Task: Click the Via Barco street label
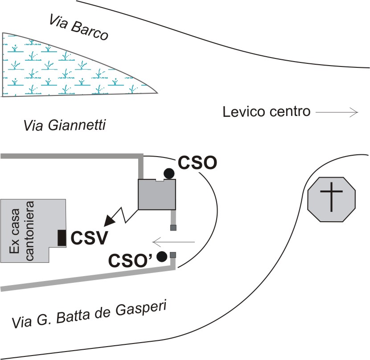[x=78, y=27]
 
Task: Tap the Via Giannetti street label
[x=65, y=125]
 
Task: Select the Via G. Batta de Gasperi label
[x=89, y=314]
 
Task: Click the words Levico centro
[x=267, y=112]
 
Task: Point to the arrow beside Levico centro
[x=337, y=112]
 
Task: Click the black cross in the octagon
[x=332, y=197]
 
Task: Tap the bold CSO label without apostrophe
[x=197, y=163]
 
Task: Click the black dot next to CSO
[x=169, y=174]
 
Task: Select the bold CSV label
[x=89, y=238]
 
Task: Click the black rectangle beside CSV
[x=62, y=238]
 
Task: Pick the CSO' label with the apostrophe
[x=131, y=260]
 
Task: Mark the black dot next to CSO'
[x=162, y=257]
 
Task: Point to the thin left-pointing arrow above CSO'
[x=174, y=242]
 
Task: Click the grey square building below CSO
[x=157, y=194]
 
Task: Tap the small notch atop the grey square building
[x=160, y=180]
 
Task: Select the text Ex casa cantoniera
[x=21, y=231]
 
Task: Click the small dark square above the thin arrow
[x=173, y=228]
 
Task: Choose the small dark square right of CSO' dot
[x=173, y=255]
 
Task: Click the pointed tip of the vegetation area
[x=157, y=92]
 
